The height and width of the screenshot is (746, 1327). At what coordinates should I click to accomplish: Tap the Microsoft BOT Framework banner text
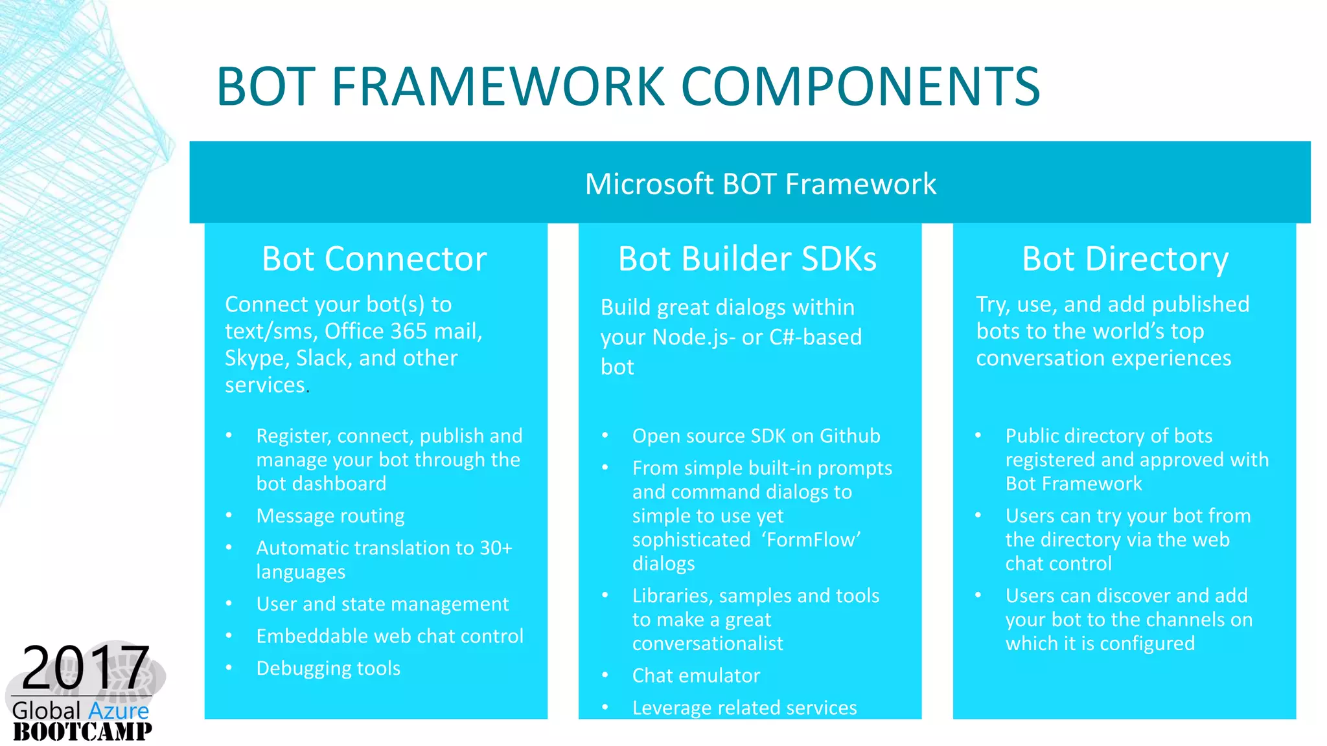760,184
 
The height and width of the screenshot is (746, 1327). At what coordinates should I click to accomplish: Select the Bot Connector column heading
374,259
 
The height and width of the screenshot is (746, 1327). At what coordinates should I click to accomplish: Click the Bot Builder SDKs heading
747,259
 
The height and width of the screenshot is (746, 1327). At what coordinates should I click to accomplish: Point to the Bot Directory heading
1125,259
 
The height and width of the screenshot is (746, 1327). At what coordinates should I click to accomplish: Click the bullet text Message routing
330,516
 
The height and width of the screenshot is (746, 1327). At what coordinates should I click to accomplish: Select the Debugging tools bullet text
328,668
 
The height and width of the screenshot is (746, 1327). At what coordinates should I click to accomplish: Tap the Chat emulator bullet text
696,676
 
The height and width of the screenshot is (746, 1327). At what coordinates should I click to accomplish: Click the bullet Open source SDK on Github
756,436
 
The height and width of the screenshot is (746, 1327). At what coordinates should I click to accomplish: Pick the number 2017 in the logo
86,668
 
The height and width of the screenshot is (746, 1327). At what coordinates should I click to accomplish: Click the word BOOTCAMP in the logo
82,732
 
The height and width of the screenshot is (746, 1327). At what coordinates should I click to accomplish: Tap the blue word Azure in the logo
119,710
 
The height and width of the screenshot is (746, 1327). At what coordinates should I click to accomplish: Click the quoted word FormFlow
811,540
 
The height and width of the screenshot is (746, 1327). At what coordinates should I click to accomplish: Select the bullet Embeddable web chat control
389,637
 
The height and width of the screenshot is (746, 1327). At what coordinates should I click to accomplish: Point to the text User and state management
382,604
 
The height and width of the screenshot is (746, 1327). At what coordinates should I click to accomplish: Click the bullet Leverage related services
744,708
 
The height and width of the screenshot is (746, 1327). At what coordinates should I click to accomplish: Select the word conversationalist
708,644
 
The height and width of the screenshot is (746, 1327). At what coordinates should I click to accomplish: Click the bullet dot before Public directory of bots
978,436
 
